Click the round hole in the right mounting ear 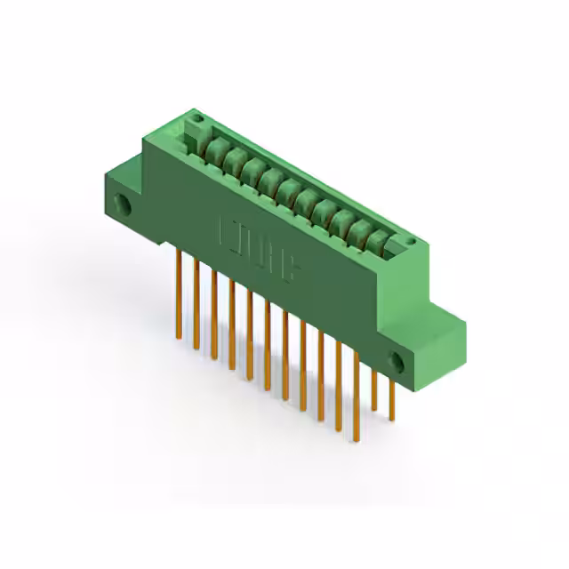tap(397, 362)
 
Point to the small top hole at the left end tap(197, 119)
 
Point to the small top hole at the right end tap(410, 241)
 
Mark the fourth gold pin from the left tap(231, 325)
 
